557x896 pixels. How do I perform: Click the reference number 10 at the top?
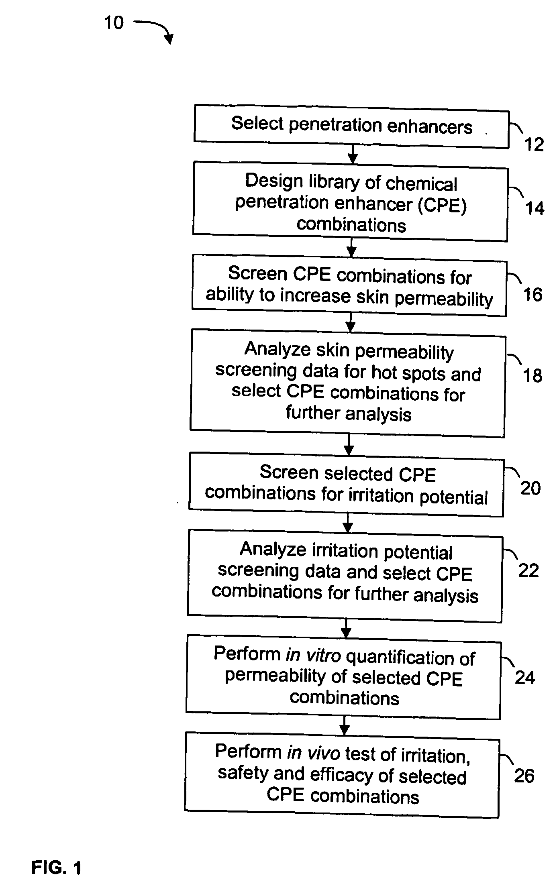pyautogui.click(x=114, y=23)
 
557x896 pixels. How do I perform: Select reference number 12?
pyautogui.click(x=534, y=145)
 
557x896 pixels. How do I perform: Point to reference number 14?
pyautogui.click(x=535, y=208)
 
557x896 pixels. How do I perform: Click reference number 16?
pyautogui.click(x=533, y=295)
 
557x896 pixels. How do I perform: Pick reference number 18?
pyautogui.click(x=533, y=375)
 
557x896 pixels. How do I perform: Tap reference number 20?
pyautogui.click(x=530, y=488)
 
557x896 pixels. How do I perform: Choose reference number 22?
pyautogui.click(x=528, y=570)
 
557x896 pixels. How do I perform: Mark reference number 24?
pyautogui.click(x=525, y=678)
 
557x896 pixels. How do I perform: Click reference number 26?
pyautogui.click(x=524, y=776)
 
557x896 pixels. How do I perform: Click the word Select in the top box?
pyautogui.click(x=257, y=123)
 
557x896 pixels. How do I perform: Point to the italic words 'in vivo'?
pyautogui.click(x=314, y=753)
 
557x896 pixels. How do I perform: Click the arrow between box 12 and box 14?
pyautogui.click(x=353, y=154)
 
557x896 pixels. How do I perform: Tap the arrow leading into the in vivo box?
pyautogui.click(x=344, y=726)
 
